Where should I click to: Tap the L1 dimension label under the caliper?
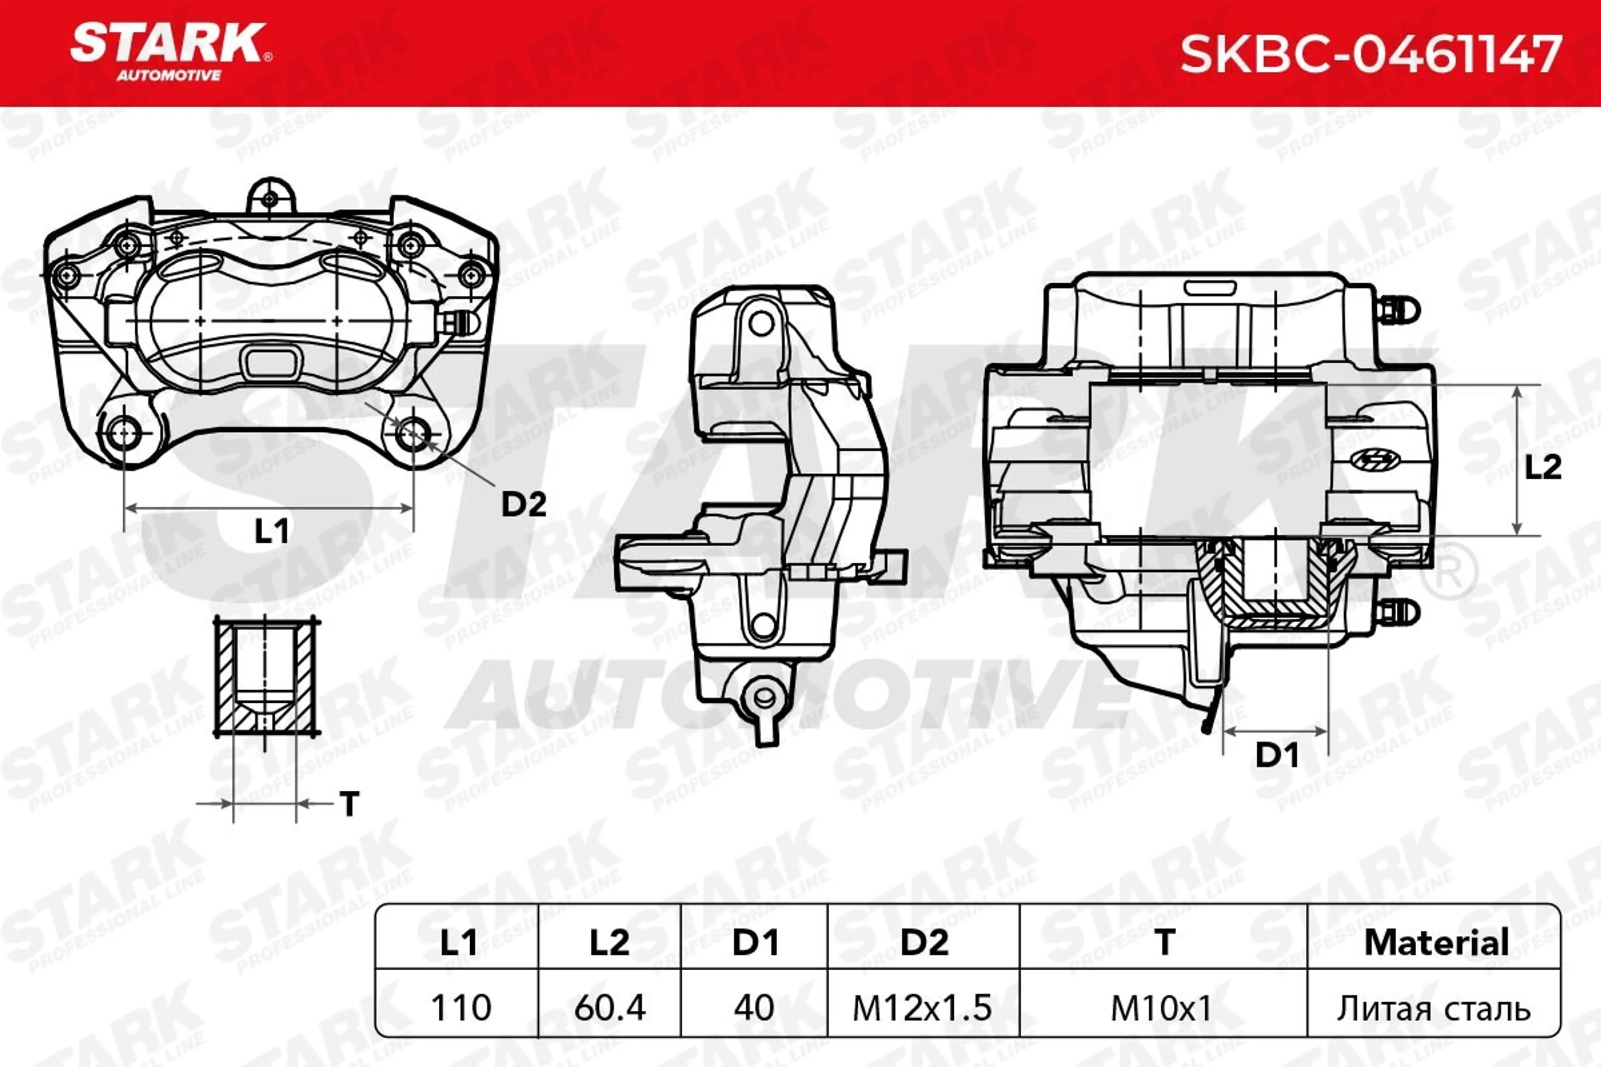pos(271,531)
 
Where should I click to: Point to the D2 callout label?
pos(524,504)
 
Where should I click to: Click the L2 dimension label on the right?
pos(1543,468)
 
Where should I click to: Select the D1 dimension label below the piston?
pos(1276,755)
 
